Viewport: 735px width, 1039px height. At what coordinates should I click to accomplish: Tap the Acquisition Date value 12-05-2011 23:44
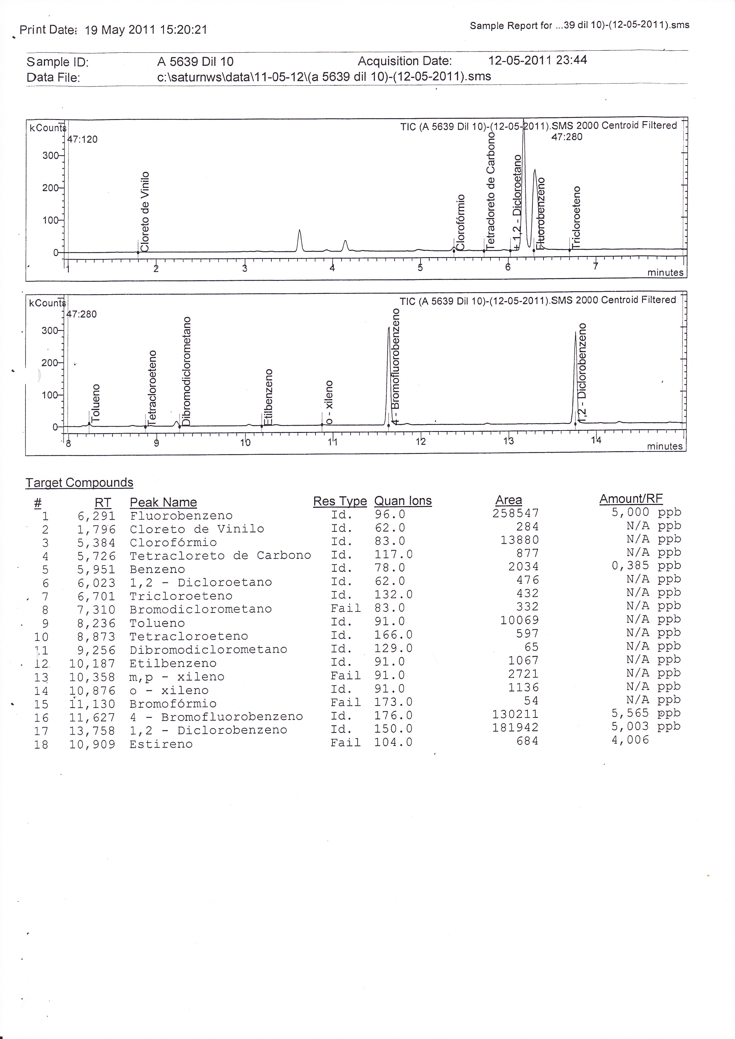[537, 60]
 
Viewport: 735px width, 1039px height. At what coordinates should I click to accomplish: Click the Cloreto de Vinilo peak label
[145, 211]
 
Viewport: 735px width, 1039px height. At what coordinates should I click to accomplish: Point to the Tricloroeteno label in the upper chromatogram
[576, 217]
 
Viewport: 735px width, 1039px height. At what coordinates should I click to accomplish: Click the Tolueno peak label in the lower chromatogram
[95, 403]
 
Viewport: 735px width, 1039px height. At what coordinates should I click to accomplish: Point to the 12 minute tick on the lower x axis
[421, 441]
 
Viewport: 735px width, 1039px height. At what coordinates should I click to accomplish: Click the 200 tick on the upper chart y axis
[50, 188]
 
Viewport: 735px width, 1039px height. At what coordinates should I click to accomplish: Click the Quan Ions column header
[403, 501]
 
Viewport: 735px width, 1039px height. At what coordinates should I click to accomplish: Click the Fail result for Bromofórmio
[345, 702]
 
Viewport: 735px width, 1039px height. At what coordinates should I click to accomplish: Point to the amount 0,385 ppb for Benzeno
[646, 566]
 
